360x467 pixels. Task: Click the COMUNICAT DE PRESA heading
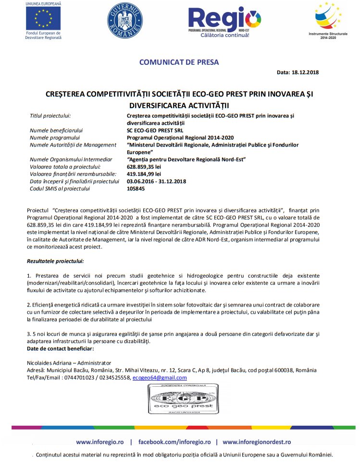coord(179,62)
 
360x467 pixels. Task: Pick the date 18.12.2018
coord(305,73)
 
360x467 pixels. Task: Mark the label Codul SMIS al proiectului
coord(60,188)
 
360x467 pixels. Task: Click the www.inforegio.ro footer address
coord(100,442)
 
